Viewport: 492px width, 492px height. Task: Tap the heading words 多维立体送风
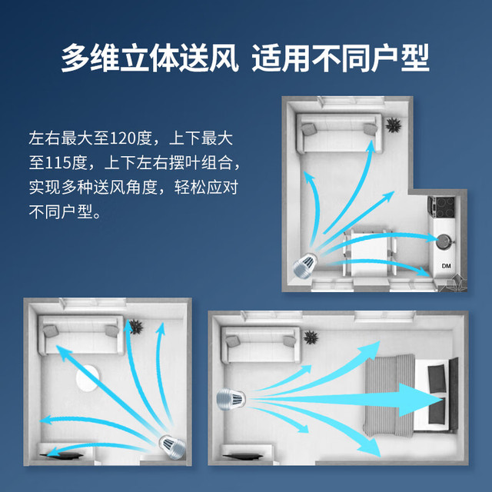(149, 58)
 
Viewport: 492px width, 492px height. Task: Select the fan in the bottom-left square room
(172, 447)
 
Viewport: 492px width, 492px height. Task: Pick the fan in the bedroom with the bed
(231, 399)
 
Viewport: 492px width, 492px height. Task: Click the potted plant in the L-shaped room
(393, 125)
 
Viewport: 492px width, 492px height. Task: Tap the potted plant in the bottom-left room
(135, 327)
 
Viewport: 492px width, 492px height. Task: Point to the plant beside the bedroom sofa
(311, 337)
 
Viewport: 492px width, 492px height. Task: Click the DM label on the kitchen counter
(446, 266)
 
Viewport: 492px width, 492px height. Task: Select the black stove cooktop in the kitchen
(443, 207)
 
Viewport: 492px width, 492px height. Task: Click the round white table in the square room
(88, 378)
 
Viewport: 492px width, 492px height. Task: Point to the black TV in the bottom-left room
(61, 455)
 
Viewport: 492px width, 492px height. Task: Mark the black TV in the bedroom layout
(243, 457)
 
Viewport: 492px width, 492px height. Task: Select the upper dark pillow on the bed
(437, 378)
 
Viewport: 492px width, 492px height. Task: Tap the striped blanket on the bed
(390, 395)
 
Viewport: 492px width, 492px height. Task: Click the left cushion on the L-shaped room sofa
(308, 129)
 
